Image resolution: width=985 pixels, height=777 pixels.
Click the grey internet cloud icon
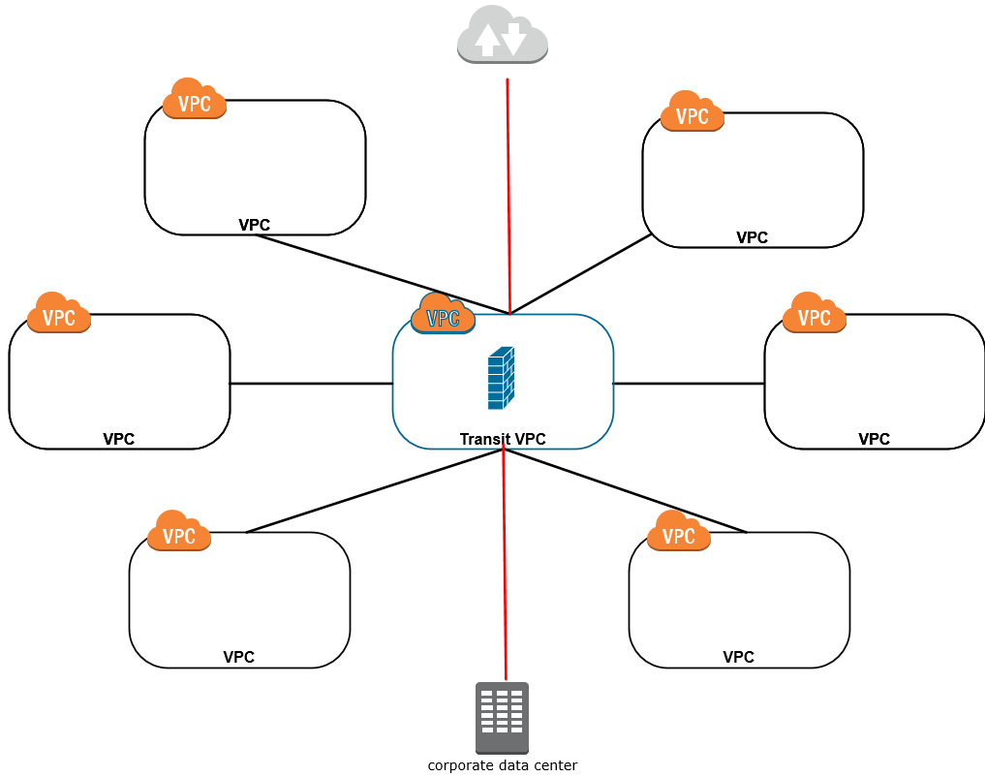point(503,36)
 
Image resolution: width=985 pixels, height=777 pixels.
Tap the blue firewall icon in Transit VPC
point(501,377)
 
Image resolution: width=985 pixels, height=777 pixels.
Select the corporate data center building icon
point(502,718)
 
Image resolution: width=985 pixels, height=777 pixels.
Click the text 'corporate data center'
point(502,765)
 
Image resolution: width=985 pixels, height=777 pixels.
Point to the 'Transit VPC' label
point(502,439)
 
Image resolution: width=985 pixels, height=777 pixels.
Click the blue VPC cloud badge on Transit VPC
point(443,314)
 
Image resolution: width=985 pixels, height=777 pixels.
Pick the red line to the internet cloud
point(508,194)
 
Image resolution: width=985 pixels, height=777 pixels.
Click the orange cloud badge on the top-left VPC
point(195,99)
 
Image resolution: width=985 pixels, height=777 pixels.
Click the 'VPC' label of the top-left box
point(254,225)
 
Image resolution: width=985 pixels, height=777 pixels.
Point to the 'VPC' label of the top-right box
point(752,237)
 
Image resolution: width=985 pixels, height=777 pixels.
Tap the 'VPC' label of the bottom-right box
point(738,657)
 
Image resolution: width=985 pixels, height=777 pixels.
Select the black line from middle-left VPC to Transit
point(310,384)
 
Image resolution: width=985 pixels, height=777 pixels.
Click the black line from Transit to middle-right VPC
point(688,384)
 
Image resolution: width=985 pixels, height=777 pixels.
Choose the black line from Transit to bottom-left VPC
point(373,491)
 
